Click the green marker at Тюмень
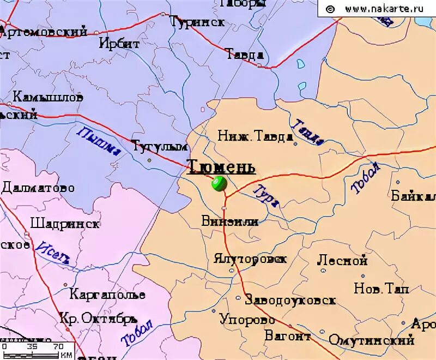pyautogui.click(x=219, y=183)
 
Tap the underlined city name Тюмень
pyautogui.click(x=221, y=166)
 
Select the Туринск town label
pyautogui.click(x=197, y=22)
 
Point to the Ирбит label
pyautogui.click(x=119, y=44)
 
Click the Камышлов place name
pyautogui.click(x=48, y=98)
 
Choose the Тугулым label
pyautogui.click(x=160, y=146)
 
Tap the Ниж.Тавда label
pyautogui.click(x=255, y=136)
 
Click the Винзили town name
pyautogui.click(x=229, y=221)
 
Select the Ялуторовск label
pyautogui.click(x=250, y=259)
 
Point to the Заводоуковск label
pyautogui.click(x=290, y=300)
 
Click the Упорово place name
pyautogui.click(x=247, y=320)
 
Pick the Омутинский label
pyautogui.click(x=372, y=340)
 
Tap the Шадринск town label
pyautogui.click(x=65, y=224)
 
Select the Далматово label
pyautogui.click(x=38, y=188)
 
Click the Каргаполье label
pyautogui.click(x=107, y=295)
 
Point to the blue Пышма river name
pyautogui.click(x=99, y=141)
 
